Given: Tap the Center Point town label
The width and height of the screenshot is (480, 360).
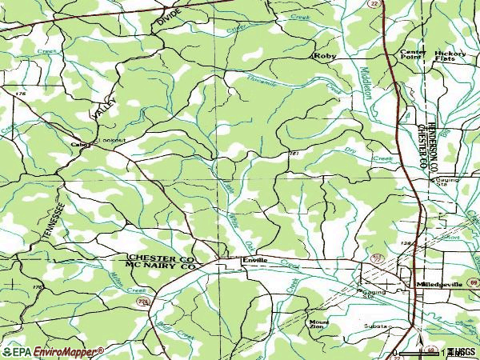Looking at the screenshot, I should [414, 54].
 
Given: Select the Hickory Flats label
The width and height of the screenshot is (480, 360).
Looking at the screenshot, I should [450, 54].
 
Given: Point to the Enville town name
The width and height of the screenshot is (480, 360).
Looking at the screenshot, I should [254, 261].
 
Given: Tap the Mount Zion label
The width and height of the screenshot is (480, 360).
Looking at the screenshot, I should [318, 325].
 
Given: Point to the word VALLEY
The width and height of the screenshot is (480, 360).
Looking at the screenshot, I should [104, 108].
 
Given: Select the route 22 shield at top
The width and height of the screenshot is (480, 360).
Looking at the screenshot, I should [397, 4].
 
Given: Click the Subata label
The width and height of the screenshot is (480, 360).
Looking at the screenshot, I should [375, 327].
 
